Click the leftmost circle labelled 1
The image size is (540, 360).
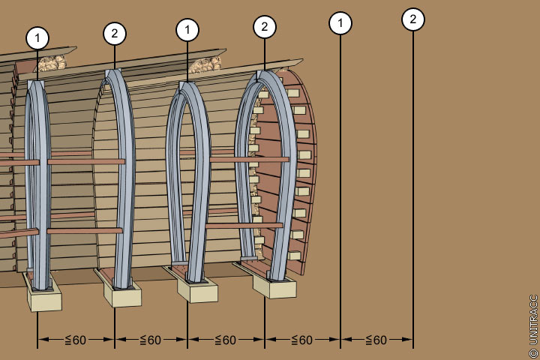click(x=37, y=37)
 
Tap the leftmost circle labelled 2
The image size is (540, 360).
click(x=115, y=34)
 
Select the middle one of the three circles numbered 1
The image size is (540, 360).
click(x=187, y=31)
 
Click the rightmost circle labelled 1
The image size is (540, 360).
click(x=340, y=23)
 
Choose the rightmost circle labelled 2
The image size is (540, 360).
click(x=412, y=19)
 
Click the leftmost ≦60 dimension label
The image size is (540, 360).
click(x=75, y=340)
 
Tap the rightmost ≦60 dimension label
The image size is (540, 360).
click(x=376, y=340)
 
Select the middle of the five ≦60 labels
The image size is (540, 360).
click(x=226, y=340)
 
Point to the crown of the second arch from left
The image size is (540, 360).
click(x=115, y=75)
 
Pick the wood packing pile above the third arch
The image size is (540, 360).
click(x=202, y=65)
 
